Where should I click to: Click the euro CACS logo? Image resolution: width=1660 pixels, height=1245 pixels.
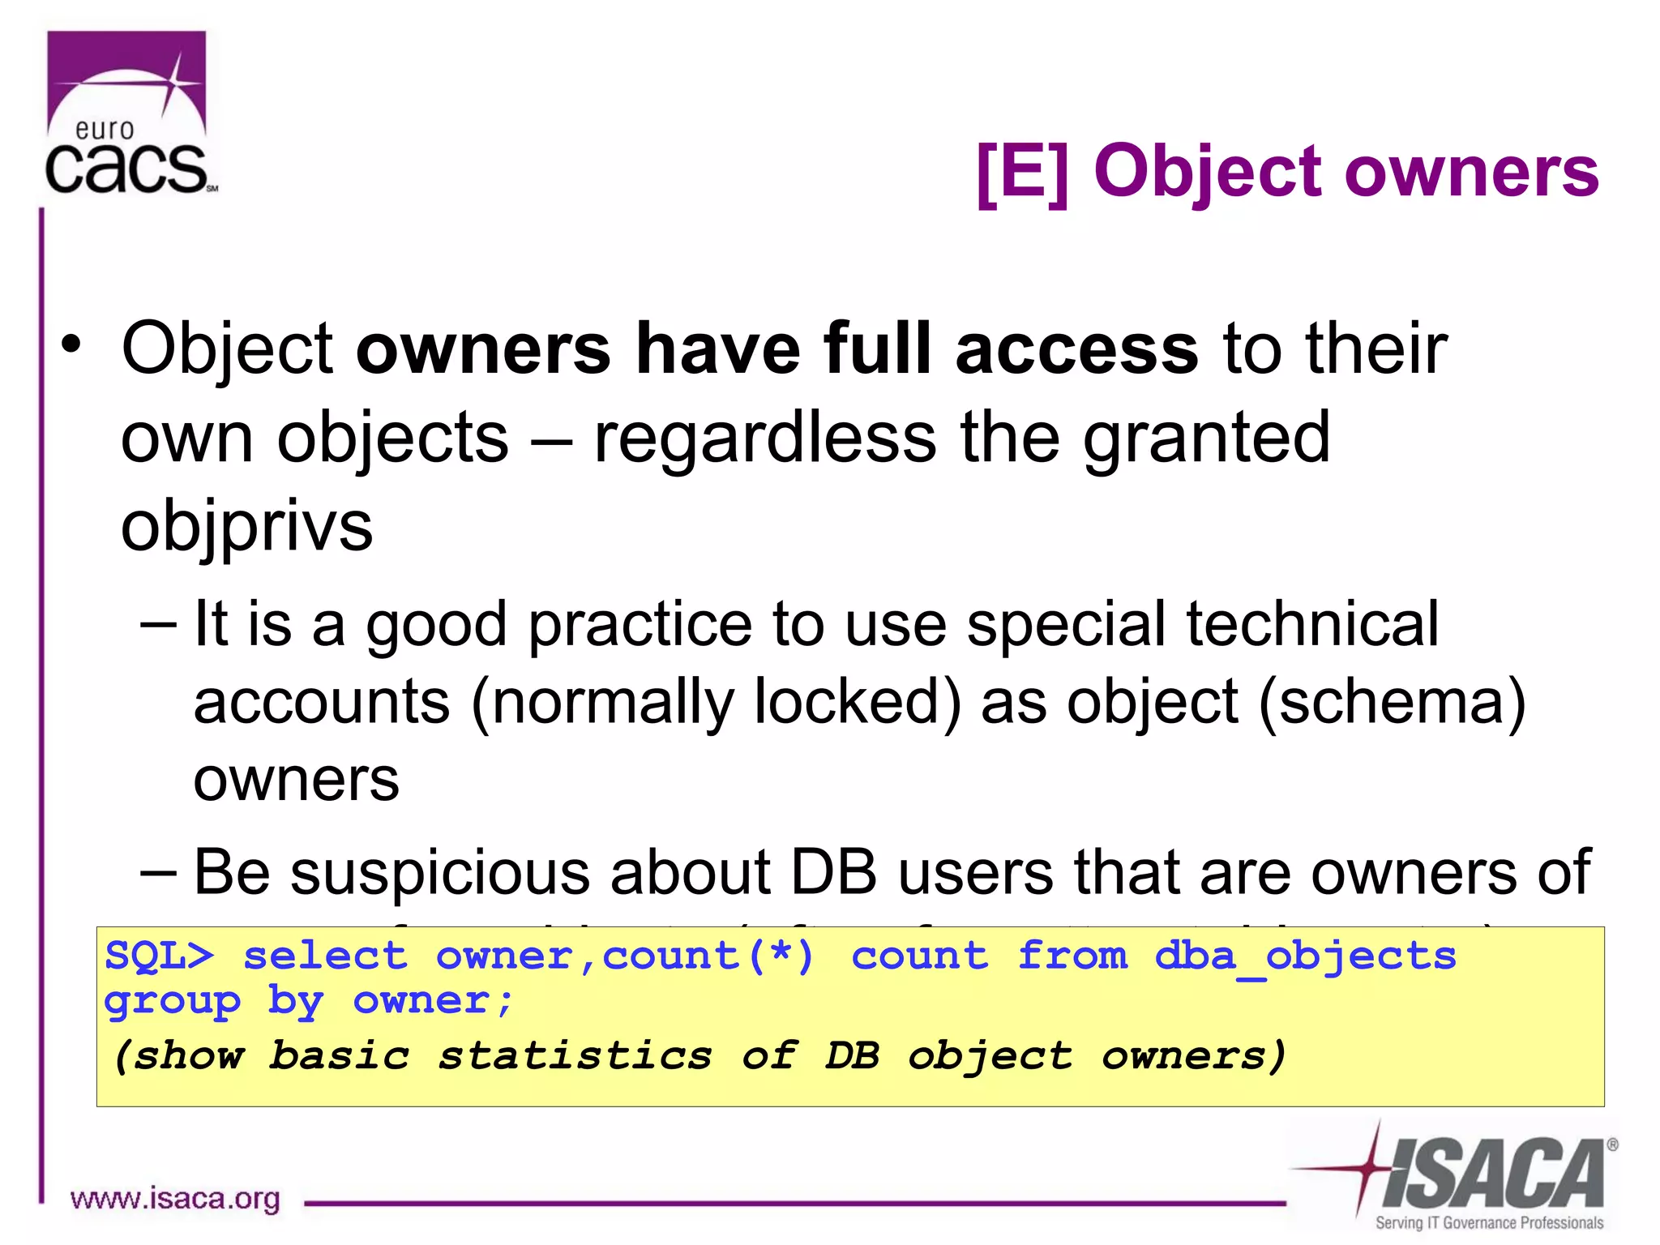[x=130, y=113]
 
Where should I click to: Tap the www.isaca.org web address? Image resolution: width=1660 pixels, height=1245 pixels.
[x=175, y=1199]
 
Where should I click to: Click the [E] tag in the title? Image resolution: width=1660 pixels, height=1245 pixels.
[x=1023, y=172]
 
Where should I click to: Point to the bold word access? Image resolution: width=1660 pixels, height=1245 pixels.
[x=1076, y=349]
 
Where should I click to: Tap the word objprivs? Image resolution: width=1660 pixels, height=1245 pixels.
[x=246, y=527]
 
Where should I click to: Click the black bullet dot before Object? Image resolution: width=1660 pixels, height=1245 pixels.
[x=73, y=344]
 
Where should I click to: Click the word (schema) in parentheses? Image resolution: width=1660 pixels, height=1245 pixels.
[x=1393, y=702]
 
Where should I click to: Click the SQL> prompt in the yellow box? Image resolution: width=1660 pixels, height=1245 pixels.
[x=160, y=956]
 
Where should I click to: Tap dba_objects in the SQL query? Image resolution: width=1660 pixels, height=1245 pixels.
[x=1305, y=956]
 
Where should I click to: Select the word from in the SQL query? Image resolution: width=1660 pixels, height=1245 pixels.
[x=1072, y=956]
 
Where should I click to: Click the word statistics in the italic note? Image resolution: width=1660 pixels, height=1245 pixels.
[x=575, y=1056]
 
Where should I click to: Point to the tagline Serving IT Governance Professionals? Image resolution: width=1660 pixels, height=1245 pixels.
[x=1489, y=1223]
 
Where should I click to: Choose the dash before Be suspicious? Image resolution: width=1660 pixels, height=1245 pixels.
[x=157, y=872]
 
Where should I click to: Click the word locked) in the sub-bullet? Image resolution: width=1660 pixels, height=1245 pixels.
[x=858, y=702]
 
